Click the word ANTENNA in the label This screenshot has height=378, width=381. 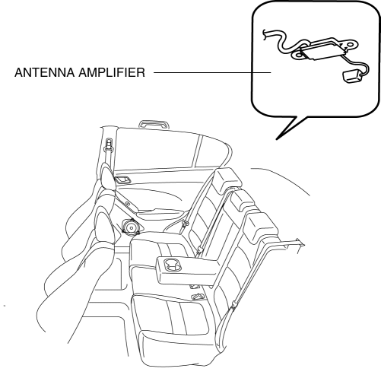45,72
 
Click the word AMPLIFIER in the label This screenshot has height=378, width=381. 112,72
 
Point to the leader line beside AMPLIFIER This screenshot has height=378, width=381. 212,72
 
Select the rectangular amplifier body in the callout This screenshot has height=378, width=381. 322,51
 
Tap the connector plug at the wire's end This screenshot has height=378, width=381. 352,76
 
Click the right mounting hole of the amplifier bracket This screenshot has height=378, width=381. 351,45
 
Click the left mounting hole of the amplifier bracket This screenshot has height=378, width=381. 298,55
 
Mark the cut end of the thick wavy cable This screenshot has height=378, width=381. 264,35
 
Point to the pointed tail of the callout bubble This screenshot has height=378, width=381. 277,138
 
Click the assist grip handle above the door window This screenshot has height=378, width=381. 154,124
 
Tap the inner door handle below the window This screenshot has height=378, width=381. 123,179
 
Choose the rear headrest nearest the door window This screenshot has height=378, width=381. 227,180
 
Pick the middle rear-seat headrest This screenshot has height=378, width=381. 242,202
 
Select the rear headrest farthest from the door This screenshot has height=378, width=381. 262,227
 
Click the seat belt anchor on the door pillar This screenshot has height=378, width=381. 109,145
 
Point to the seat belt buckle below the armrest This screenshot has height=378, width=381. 198,296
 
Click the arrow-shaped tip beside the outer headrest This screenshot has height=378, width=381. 301,243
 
